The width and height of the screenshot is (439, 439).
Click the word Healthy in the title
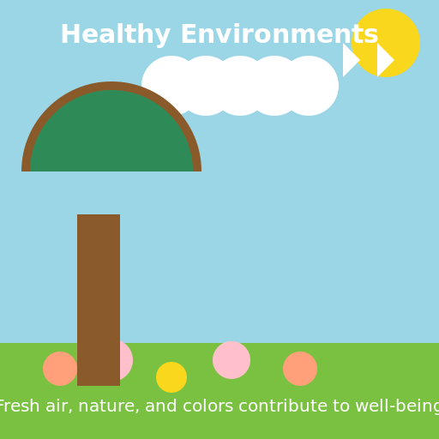(116, 35)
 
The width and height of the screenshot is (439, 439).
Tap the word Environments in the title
(280, 35)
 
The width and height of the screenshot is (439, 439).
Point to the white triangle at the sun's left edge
(349, 60)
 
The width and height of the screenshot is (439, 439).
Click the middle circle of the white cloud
(240, 86)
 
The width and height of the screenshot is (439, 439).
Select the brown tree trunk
(99, 292)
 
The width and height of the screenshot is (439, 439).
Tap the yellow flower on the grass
(171, 377)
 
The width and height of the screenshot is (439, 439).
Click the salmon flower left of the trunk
(59, 369)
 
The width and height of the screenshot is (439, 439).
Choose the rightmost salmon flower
(300, 369)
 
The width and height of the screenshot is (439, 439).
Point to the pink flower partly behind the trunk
(125, 360)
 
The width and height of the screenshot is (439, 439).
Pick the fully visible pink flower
(232, 360)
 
